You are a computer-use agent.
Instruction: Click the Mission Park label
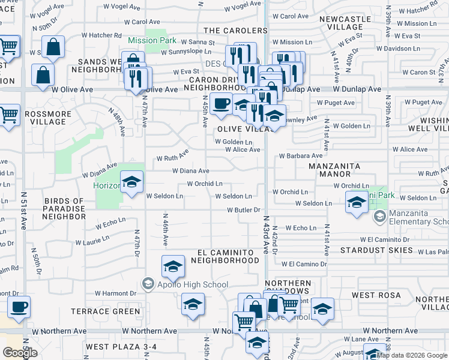152,41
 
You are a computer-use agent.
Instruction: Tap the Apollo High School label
185,284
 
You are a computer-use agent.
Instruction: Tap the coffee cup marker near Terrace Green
19,307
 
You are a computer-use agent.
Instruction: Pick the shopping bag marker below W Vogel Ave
53,47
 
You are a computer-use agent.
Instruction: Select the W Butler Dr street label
243,210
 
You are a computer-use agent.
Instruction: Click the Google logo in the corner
20,353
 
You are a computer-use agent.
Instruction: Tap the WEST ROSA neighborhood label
372,295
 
